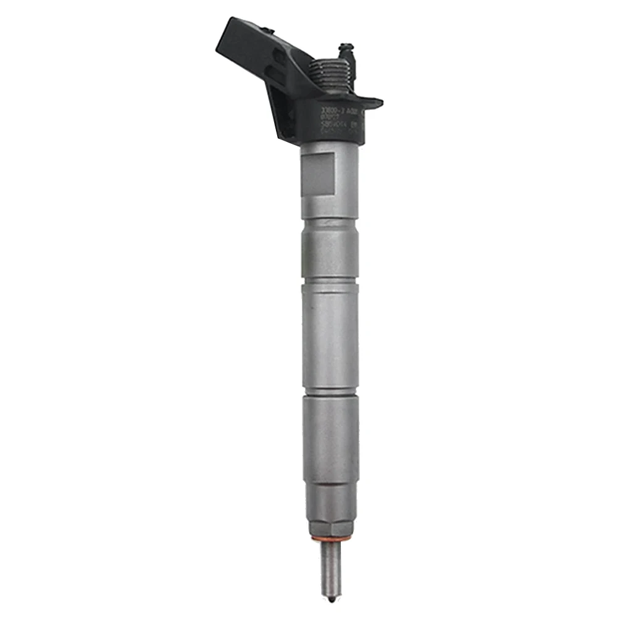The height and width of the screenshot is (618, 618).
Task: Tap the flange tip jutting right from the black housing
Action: click(373, 102)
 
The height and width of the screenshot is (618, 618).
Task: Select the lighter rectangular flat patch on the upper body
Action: click(317, 174)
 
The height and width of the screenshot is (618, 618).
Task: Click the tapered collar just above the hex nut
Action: click(331, 494)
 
